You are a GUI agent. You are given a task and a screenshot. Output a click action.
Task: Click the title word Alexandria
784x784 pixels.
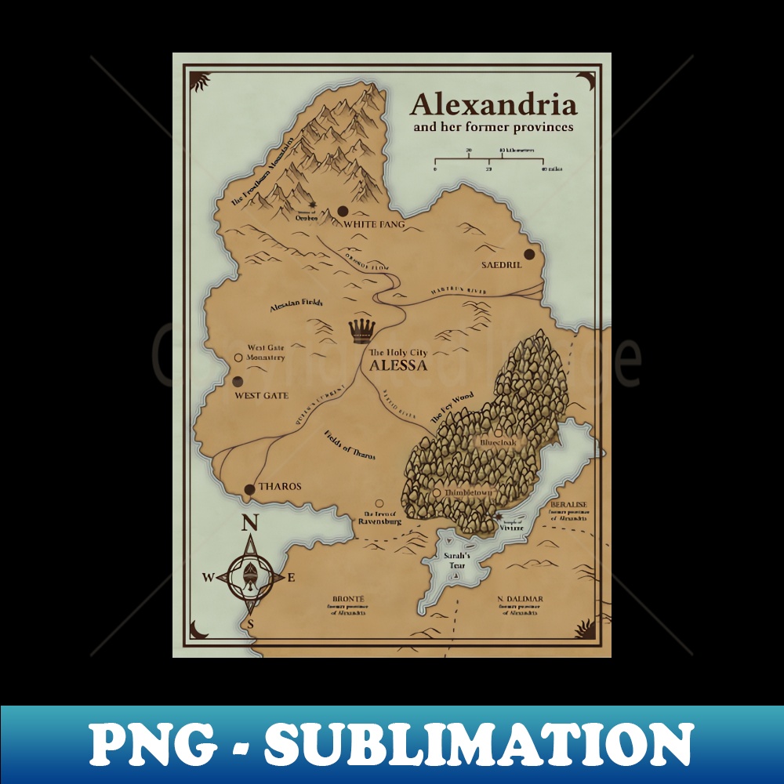492,104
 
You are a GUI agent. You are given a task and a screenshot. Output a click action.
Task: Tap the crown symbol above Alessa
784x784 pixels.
361,331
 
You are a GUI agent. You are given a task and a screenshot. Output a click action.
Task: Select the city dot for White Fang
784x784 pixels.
343,211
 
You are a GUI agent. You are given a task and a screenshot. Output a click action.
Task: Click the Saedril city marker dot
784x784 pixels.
529,254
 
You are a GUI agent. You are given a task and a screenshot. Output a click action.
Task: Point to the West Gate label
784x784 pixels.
262,395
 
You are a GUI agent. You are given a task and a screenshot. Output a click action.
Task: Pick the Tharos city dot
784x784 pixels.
249,490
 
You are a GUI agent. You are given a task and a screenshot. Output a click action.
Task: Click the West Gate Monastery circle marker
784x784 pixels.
238,358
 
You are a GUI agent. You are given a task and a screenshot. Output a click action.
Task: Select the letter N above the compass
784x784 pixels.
249,524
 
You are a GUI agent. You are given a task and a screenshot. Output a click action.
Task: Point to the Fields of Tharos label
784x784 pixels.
350,445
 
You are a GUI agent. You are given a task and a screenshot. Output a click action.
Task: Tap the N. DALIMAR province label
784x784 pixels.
520,600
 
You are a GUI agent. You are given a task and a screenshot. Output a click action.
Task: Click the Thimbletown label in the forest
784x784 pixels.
467,492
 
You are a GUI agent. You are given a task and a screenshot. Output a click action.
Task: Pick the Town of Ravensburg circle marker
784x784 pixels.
379,503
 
